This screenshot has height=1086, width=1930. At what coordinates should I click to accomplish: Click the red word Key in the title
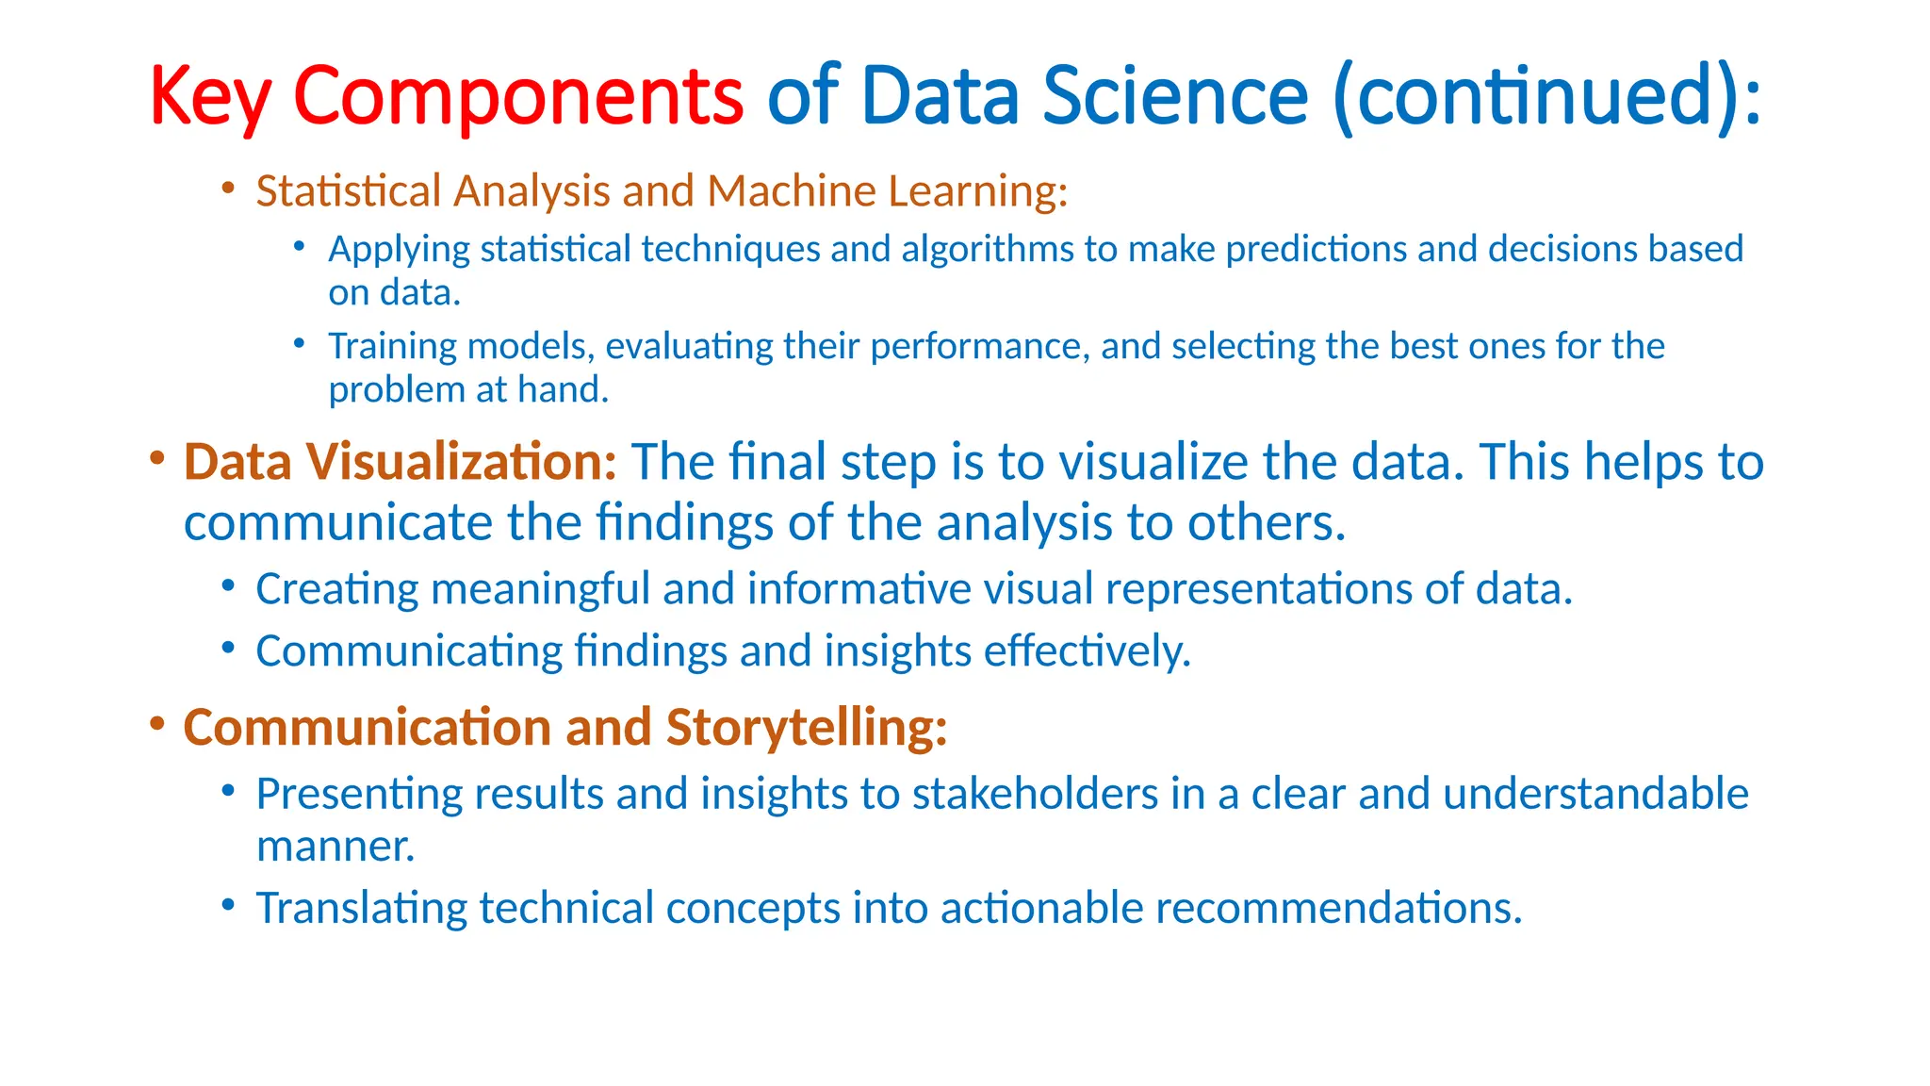tap(209, 97)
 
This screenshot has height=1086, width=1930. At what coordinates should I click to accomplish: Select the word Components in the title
tap(518, 97)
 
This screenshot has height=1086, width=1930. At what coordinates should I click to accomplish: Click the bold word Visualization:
tap(461, 463)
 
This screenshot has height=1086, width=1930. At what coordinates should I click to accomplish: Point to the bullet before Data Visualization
tap(156, 459)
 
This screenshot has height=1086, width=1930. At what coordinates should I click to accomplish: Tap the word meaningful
tap(540, 590)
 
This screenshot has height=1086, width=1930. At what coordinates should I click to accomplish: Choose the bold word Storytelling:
tap(806, 729)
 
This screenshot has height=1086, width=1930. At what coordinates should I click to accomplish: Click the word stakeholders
tap(1035, 794)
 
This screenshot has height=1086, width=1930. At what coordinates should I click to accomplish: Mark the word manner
tap(335, 847)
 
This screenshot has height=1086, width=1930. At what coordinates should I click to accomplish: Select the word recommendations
tap(1338, 909)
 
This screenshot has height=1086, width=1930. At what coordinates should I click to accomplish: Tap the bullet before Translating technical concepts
tap(228, 905)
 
